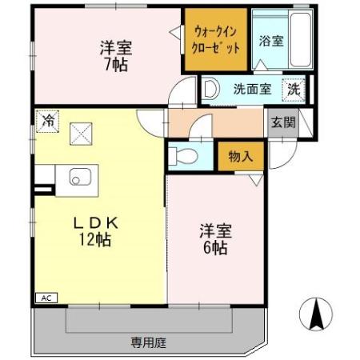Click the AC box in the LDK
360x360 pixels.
[x=46, y=298]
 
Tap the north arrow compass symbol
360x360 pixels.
[x=316, y=314]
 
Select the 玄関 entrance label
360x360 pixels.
[x=283, y=123]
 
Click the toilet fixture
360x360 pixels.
[x=183, y=155]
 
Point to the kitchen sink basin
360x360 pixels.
[x=80, y=177]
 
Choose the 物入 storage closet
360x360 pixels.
[x=241, y=156]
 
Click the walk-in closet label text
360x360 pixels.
[x=216, y=40]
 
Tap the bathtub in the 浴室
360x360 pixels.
[x=301, y=39]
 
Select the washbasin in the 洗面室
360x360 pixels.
[x=210, y=88]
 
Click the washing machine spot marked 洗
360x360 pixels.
[x=294, y=90]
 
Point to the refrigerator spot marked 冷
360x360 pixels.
[x=47, y=122]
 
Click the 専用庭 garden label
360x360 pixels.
[x=149, y=342]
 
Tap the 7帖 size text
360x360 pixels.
[x=116, y=65]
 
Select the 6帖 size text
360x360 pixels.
[x=215, y=248]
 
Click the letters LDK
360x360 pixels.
[x=96, y=223]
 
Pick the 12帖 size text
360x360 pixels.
[x=94, y=240]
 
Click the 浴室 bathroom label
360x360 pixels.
[x=271, y=41]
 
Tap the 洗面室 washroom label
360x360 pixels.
[x=253, y=89]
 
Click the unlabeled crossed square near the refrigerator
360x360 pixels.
[x=81, y=134]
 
